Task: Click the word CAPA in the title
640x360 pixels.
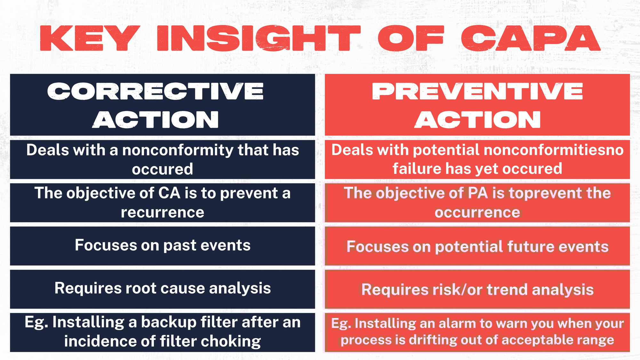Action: click(531, 38)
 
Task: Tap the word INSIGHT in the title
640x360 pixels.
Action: click(259, 38)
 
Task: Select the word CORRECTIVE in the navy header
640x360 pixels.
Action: click(156, 91)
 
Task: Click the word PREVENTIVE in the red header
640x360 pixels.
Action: click(477, 91)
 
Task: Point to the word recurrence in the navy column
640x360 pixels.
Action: click(163, 212)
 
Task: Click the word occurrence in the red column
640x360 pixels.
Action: click(477, 212)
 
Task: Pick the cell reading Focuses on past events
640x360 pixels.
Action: click(163, 245)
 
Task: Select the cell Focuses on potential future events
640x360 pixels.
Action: click(477, 247)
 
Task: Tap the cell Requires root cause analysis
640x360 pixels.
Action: click(163, 288)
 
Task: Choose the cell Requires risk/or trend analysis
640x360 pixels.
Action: click(477, 290)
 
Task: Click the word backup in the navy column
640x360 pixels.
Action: click(169, 322)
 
